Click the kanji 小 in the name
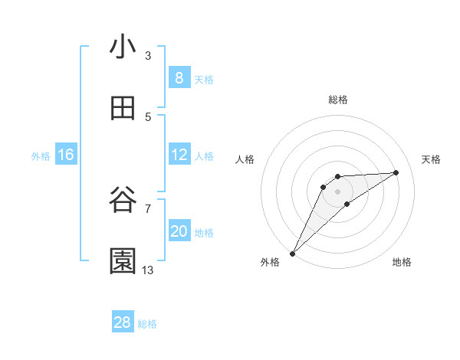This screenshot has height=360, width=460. (123, 47)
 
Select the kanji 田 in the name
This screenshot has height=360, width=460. (123, 109)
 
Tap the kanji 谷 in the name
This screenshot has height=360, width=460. (123, 201)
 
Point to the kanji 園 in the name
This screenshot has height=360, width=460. (123, 261)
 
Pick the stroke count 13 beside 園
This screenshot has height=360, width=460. (148, 270)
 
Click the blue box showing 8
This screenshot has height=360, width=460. (179, 78)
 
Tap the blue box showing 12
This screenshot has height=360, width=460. (179, 155)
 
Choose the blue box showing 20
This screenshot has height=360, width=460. (179, 231)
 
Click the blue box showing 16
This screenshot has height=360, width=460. (65, 155)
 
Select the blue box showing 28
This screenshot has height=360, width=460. (123, 322)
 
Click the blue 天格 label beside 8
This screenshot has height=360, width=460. (204, 79)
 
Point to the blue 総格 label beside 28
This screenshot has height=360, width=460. (147, 324)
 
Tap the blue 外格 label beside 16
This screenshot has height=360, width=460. (41, 155)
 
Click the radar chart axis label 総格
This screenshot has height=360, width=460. (338, 100)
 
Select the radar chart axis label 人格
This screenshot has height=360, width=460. (245, 159)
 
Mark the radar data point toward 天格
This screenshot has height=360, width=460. (396, 172)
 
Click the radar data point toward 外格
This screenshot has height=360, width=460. (292, 253)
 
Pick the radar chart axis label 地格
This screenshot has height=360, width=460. (402, 262)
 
